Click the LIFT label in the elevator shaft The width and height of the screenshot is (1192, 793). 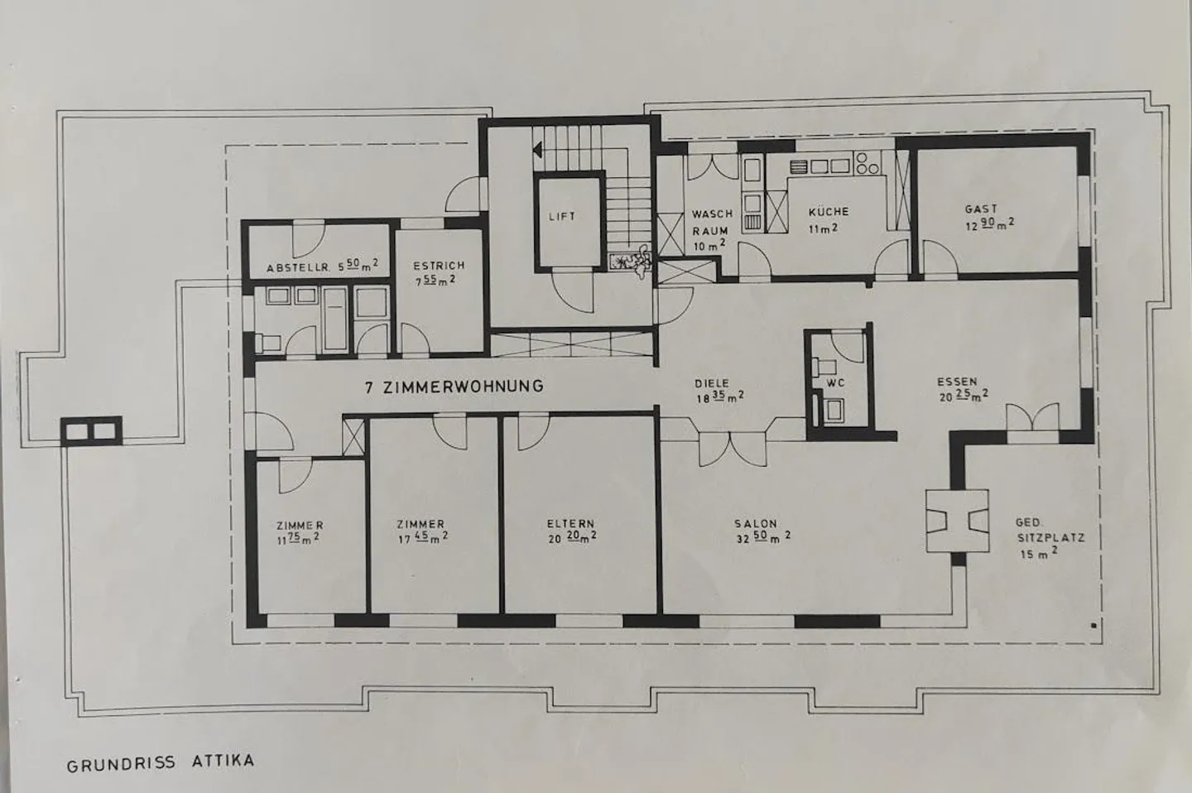tap(562, 217)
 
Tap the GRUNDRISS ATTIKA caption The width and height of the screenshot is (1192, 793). tap(161, 762)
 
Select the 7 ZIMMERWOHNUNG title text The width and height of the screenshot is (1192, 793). tap(454, 387)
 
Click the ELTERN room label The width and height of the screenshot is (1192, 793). tap(571, 531)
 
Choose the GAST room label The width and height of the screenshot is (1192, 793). tap(988, 217)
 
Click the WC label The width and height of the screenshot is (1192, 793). tap(835, 382)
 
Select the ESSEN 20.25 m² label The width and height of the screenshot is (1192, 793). tap(963, 388)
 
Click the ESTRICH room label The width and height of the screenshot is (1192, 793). tap(438, 272)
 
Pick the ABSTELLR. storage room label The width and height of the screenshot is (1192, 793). tap(322, 266)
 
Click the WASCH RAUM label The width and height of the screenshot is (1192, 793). tap(711, 230)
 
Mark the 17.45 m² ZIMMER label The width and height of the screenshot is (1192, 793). tap(422, 531)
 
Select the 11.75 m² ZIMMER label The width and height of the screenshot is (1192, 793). tap(299, 532)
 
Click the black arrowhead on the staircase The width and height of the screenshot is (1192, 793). tap(537, 148)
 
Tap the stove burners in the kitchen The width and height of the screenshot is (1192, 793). tap(867, 163)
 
